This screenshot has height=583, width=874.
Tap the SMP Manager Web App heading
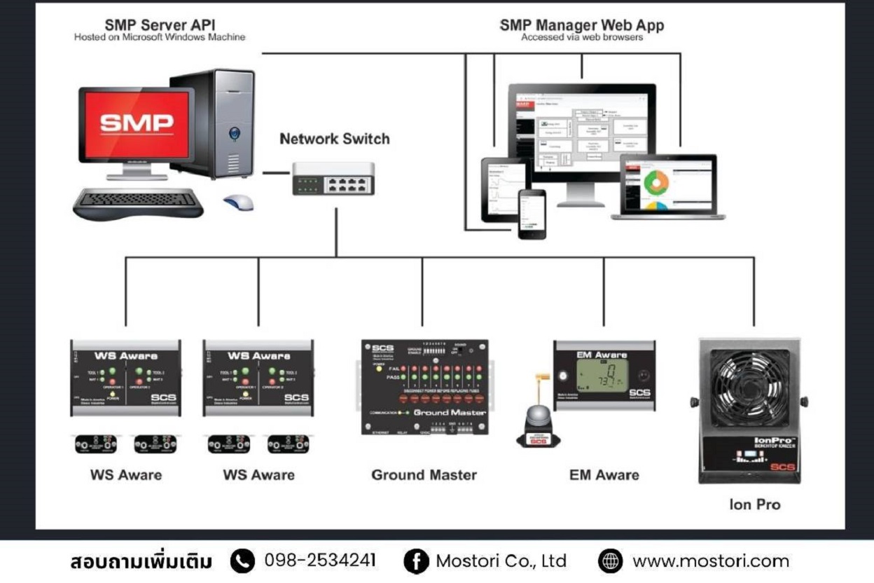(581, 25)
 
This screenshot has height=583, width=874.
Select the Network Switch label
(334, 139)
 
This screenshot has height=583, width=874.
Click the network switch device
(333, 178)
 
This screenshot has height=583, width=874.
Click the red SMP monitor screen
(137, 125)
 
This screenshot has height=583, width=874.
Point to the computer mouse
(239, 202)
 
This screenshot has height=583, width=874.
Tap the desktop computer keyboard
(138, 201)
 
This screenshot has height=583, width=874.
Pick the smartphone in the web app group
(532, 213)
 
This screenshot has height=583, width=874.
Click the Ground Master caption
(424, 475)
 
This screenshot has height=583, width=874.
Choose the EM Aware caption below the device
(604, 475)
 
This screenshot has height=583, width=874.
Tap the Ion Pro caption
(754, 505)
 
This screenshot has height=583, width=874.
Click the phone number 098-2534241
(320, 561)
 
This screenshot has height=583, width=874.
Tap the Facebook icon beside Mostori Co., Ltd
(415, 561)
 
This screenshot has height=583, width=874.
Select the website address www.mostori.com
(710, 561)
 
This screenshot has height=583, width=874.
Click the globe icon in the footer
(611, 561)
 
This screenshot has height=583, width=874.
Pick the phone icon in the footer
(242, 561)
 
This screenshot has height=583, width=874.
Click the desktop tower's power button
(234, 132)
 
